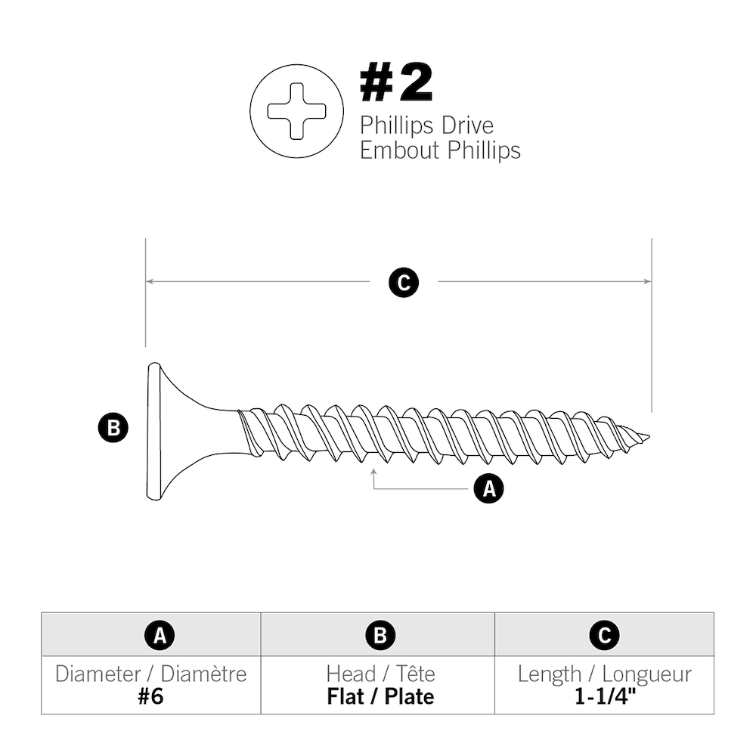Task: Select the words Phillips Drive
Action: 426,125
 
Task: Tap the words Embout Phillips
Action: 440,150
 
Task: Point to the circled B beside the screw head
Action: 113,429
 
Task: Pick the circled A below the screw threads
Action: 488,489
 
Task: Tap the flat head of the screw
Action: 153,431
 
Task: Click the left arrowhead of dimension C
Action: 149,281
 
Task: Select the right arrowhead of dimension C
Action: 647,281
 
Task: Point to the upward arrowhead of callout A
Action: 374,472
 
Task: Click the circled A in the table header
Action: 160,636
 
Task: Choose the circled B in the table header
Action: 380,636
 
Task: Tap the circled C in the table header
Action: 604,636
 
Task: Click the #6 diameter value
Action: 150,696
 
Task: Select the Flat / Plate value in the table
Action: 380,696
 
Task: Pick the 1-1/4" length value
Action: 604,696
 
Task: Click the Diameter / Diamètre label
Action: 150,674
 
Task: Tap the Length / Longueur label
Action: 604,674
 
